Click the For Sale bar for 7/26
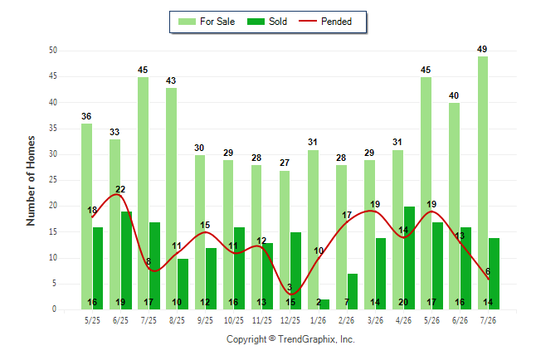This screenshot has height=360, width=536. click(x=483, y=183)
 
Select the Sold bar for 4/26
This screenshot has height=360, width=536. click(x=409, y=258)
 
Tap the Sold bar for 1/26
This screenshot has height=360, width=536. click(x=324, y=304)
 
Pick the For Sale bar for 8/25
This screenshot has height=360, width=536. click(x=171, y=198)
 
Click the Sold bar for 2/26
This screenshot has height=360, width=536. click(x=353, y=292)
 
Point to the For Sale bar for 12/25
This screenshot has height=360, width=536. click(x=285, y=240)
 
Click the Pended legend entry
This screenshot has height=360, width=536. click(x=325, y=22)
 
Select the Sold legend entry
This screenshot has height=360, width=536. click(x=267, y=22)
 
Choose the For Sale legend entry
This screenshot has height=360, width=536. click(x=207, y=22)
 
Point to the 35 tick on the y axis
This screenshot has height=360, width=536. click(x=53, y=129)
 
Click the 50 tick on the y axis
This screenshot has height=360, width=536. click(x=53, y=51)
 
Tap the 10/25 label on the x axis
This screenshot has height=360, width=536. click(x=234, y=320)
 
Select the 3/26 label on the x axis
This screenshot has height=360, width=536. click(x=375, y=320)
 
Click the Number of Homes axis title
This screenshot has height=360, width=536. click(x=31, y=181)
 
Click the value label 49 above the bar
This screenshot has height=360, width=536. click(x=482, y=49)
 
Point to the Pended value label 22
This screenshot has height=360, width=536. click(x=120, y=189)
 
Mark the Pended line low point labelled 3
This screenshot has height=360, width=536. click(x=290, y=294)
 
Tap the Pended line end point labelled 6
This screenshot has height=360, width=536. click(x=489, y=279)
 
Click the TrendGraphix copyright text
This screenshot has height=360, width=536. click(x=290, y=339)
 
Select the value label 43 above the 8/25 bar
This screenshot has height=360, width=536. click(x=171, y=80)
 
